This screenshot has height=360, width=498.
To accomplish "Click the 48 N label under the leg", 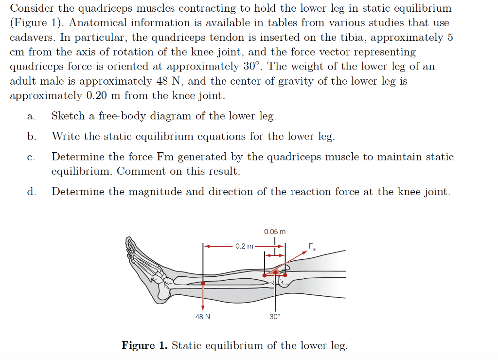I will pos(203,317).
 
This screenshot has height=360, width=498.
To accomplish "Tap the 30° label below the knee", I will pos(275,317).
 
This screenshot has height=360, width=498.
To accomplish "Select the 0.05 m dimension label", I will pos(275,232).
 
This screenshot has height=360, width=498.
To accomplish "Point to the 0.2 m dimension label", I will pos(244,246).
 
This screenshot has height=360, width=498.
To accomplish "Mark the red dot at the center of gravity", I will pos(203,283).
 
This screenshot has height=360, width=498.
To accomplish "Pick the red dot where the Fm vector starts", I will pos(265,275).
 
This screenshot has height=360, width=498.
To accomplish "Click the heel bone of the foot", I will pos(163,293).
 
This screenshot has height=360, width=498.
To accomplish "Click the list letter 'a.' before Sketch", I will pos(31,116).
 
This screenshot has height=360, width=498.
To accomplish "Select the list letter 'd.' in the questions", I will pos(31,192).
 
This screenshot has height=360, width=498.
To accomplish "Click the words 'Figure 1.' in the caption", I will pos(144,345).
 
